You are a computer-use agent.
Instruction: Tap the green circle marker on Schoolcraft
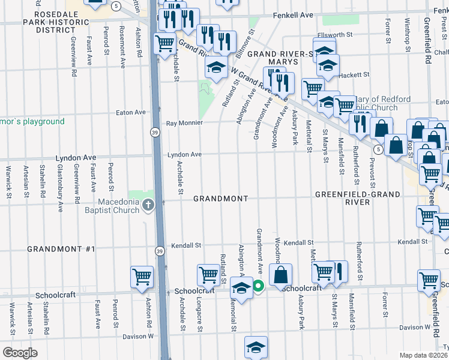[258, 287]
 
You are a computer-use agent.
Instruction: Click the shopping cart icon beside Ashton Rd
[142, 277]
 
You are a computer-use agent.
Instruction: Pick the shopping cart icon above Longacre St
[208, 274]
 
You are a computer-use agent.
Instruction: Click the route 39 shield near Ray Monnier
[155, 133]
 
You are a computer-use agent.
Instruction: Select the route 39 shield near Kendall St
[159, 251]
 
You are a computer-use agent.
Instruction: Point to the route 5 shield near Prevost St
[377, 148]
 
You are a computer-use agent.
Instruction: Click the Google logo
[20, 353]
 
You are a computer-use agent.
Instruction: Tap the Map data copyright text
[424, 355]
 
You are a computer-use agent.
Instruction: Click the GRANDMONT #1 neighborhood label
[61, 248]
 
